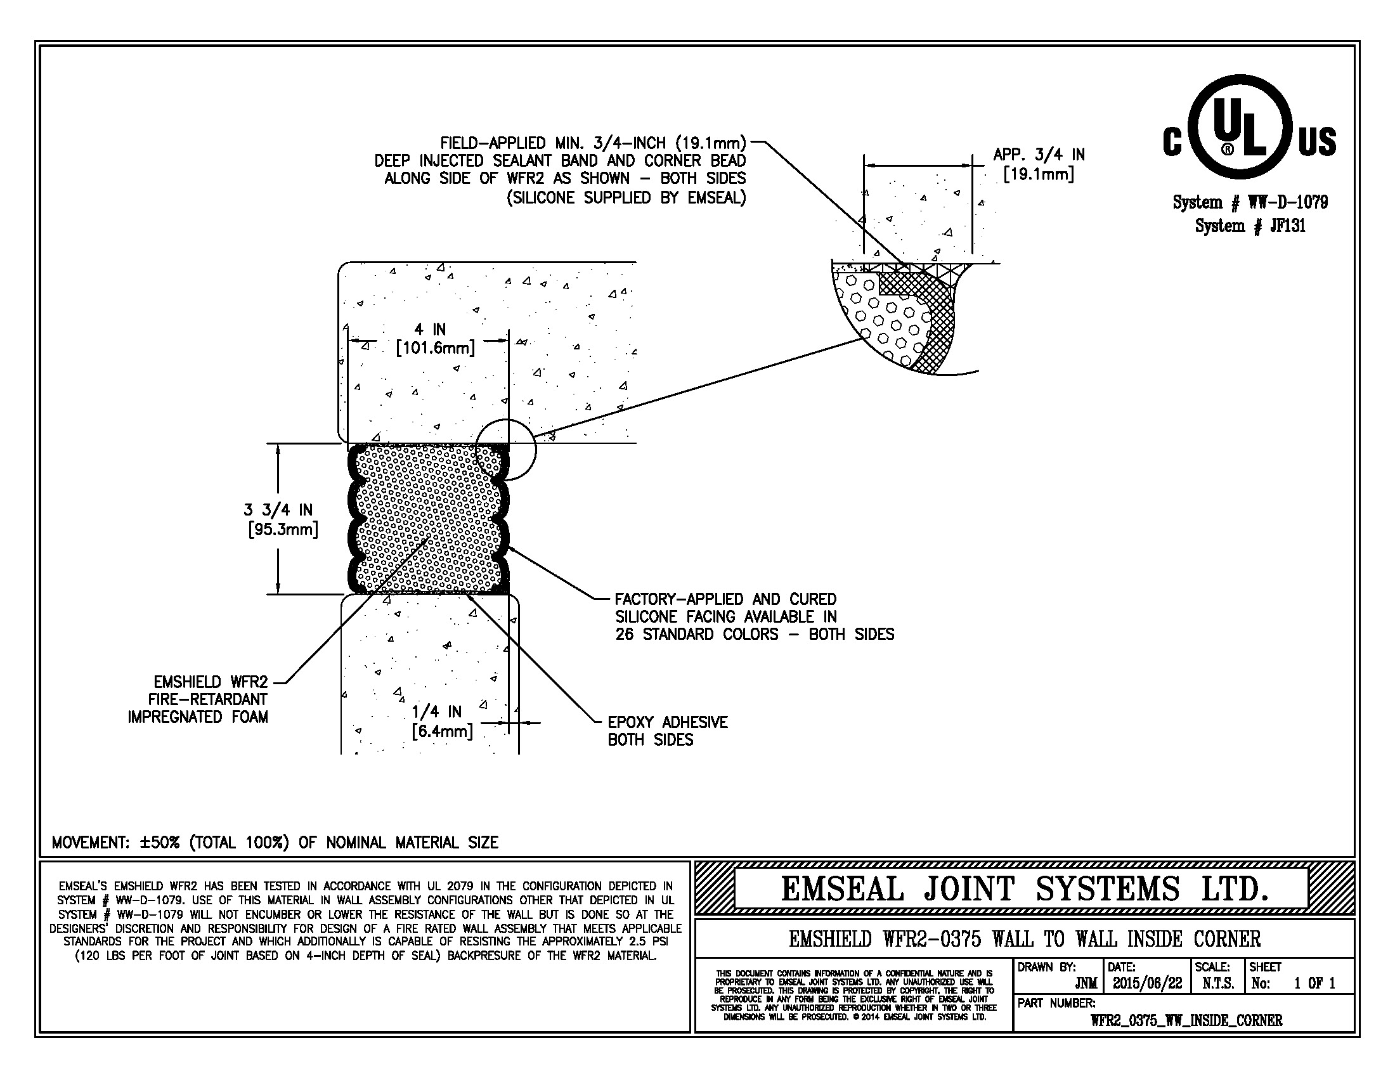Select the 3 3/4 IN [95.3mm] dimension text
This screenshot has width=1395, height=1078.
click(x=282, y=520)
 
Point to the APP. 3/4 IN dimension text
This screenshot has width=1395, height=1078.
click(x=1039, y=164)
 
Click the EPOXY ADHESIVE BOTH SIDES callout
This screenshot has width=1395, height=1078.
click(x=667, y=731)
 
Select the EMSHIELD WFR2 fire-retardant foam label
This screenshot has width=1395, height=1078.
click(x=198, y=699)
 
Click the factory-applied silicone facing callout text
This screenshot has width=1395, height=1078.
click(x=754, y=617)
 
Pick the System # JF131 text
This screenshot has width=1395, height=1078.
click(x=1250, y=226)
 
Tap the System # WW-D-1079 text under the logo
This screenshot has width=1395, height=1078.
click(x=1250, y=203)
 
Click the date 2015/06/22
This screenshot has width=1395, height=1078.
click(x=1147, y=984)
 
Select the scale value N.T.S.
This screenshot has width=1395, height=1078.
click(x=1218, y=984)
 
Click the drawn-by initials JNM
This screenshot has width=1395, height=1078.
click(x=1086, y=984)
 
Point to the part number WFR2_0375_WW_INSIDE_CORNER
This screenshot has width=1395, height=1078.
click(x=1186, y=1020)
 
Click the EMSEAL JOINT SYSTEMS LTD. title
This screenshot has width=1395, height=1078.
click(x=1024, y=889)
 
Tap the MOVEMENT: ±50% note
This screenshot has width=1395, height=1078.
click(x=275, y=842)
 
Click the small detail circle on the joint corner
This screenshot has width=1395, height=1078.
click(x=506, y=449)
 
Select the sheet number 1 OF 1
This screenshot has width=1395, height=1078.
click(x=1314, y=984)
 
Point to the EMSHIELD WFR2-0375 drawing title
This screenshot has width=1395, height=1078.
click(x=1024, y=939)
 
